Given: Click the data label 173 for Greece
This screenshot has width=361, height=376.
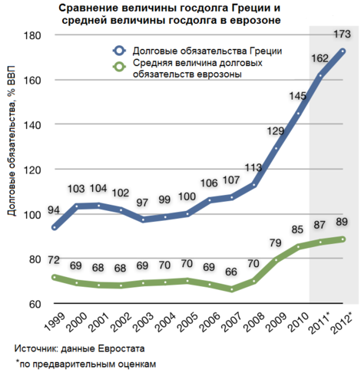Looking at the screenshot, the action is click(x=343, y=35).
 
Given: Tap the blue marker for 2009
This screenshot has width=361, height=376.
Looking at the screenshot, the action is click(x=277, y=148).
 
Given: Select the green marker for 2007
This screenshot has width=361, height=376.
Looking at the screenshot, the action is click(x=232, y=289).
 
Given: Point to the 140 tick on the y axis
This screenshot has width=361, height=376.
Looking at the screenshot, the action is click(x=32, y=125).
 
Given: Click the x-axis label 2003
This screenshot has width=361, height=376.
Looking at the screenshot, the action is click(x=144, y=322).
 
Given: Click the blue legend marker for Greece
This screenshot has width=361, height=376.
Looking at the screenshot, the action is click(x=119, y=51).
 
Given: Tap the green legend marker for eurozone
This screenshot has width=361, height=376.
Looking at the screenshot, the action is click(x=119, y=67).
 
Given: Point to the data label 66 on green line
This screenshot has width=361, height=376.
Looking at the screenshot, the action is click(x=231, y=272).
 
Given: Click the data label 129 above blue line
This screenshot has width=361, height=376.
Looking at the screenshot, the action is click(x=276, y=131).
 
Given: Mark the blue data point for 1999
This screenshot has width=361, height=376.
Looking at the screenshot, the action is click(x=55, y=227).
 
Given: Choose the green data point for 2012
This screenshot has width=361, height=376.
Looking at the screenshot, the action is click(x=343, y=239).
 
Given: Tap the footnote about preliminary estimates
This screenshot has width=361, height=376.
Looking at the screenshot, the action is click(x=86, y=364).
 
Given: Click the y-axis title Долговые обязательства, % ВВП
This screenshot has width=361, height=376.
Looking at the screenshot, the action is click(x=11, y=140).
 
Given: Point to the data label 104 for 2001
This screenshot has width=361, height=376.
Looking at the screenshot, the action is click(x=98, y=189).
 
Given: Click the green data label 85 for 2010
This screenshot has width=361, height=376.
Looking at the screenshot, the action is click(x=297, y=229).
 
